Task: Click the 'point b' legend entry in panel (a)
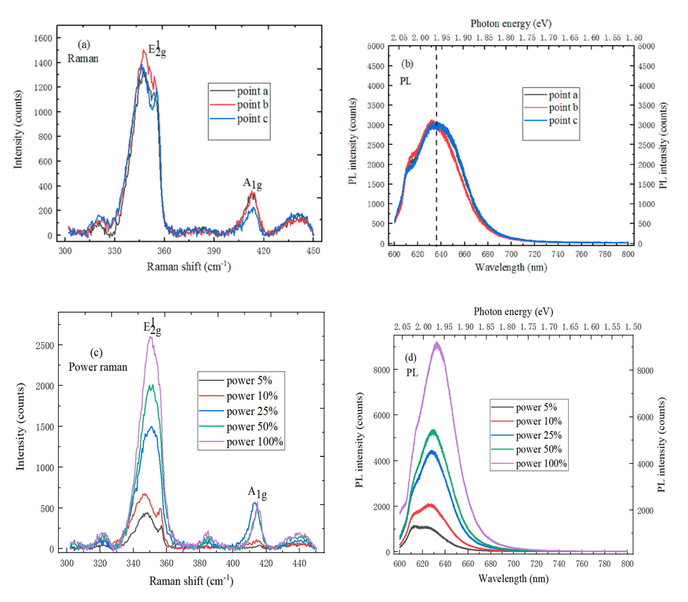pyautogui.click(x=252, y=105)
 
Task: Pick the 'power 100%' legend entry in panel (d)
pyautogui.click(x=541, y=464)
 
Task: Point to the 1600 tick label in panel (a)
pyautogui.click(x=43, y=38)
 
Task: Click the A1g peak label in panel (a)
pyautogui.click(x=252, y=183)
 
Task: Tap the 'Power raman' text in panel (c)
pyautogui.click(x=98, y=367)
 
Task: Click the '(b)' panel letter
pyautogui.click(x=407, y=64)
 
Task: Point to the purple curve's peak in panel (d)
pyautogui.click(x=437, y=343)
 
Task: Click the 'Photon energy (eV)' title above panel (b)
pyautogui.click(x=511, y=24)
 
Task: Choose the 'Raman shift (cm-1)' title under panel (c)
pyautogui.click(x=191, y=581)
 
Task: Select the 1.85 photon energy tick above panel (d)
pyautogui.click(x=486, y=327)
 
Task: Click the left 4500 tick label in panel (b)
pyautogui.click(x=376, y=66)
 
